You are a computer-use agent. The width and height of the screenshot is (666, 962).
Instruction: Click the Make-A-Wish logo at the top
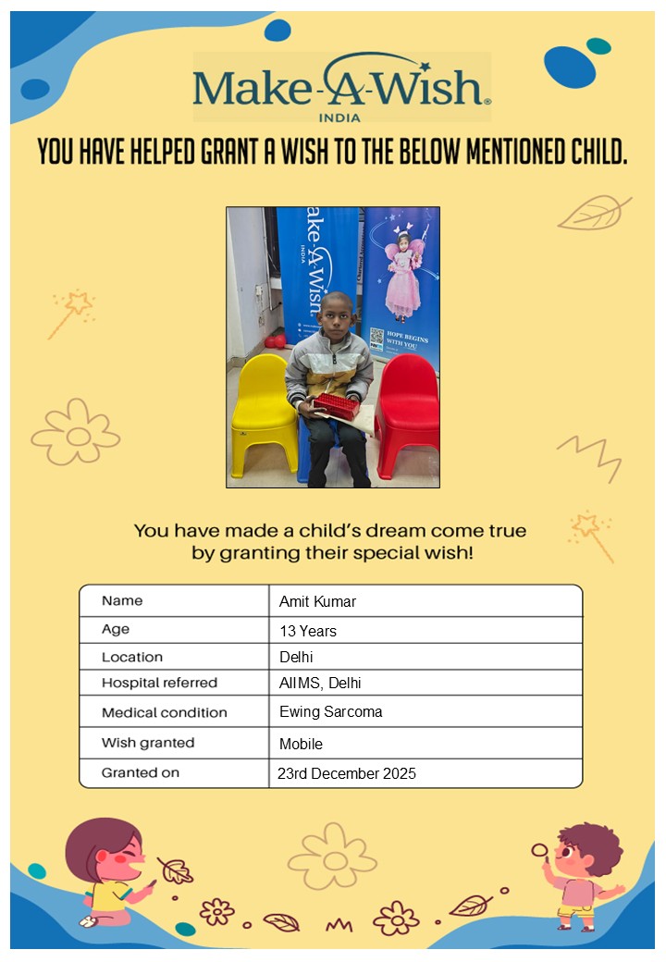[341, 85]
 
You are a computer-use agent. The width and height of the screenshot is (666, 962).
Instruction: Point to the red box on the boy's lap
[335, 405]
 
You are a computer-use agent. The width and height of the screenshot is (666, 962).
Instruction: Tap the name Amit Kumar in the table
[317, 601]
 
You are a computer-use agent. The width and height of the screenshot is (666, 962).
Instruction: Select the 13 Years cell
[308, 631]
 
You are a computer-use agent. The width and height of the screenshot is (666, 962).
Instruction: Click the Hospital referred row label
[159, 683]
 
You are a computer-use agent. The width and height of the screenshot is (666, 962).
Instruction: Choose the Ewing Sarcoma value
[330, 711]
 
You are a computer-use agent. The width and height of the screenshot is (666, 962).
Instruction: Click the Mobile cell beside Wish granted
[301, 743]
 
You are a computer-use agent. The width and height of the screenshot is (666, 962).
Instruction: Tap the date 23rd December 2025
[347, 773]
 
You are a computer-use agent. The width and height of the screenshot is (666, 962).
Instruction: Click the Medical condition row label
[164, 712]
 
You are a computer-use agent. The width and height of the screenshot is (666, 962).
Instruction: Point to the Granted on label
[141, 771]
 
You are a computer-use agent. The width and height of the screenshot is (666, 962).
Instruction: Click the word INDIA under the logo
[339, 117]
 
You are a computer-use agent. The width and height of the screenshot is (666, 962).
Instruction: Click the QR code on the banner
[376, 338]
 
